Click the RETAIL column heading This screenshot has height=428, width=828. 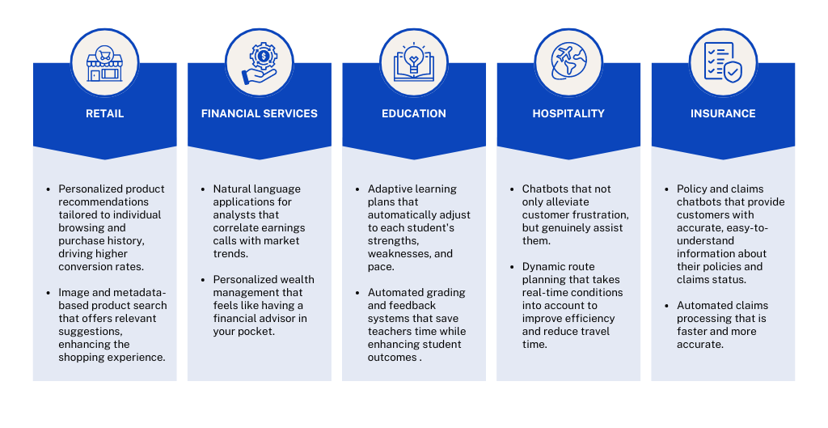104,113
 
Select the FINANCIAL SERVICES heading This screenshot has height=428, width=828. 260,113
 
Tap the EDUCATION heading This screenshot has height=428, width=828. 414,113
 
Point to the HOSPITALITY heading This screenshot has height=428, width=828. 568,113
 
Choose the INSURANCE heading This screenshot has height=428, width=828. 723,113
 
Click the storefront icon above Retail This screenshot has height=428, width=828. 104,63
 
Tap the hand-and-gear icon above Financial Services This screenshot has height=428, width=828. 260,63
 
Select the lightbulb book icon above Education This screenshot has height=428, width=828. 414,63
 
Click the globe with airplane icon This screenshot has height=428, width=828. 568,62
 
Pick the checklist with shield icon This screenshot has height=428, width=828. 723,62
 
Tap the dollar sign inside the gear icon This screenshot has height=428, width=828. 263,56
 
